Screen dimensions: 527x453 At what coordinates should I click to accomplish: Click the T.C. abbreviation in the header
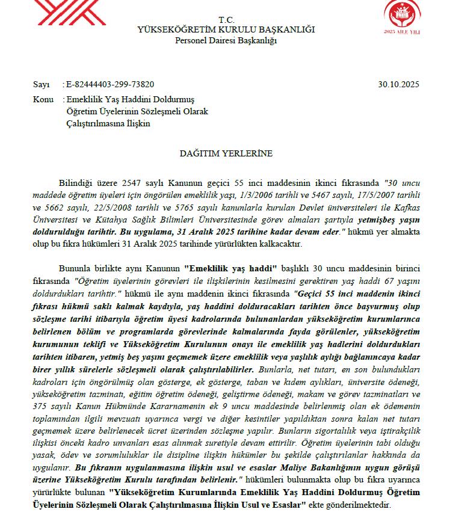coord(226,20)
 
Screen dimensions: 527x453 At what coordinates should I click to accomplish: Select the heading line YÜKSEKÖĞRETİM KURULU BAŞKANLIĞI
coord(226,29)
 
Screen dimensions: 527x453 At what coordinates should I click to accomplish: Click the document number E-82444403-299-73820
coord(110,84)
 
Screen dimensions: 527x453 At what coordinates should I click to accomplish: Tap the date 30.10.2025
coord(399,84)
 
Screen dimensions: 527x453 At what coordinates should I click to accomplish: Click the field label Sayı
coord(42,84)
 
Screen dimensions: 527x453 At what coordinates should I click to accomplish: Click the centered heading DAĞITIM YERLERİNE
coord(226,153)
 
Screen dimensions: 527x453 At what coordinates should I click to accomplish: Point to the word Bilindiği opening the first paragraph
coord(75,182)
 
